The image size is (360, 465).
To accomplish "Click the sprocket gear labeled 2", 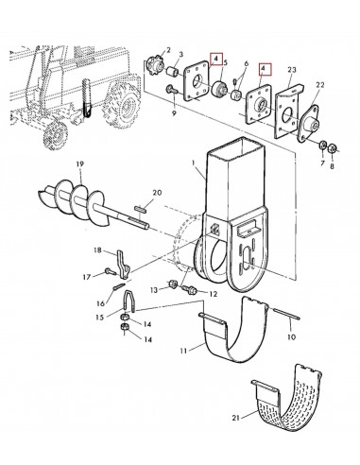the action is point(155,65).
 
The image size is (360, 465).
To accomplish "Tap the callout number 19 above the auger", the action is point(80,164).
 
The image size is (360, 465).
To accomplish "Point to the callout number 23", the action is point(292,70).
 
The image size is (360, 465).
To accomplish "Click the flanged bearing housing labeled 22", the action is point(309,122).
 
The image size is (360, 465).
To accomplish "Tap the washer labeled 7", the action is point(323,146).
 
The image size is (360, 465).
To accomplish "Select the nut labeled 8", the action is point(332,147).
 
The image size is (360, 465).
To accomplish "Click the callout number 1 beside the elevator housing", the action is point(194,164).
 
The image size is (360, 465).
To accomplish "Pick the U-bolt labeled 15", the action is point(129,301).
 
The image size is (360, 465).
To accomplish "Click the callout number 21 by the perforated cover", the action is point(236,418).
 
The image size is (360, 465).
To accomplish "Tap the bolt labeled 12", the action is point(190,289).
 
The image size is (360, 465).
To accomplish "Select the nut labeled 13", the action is point(173,284).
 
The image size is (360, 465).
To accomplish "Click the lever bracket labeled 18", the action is point(123,264).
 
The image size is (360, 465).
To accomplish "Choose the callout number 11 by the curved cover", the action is point(184,351).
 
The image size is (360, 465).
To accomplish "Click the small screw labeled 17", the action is point(110,271).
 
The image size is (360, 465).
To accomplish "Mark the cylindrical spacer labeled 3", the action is point(173,72).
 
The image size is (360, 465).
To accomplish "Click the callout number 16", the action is point(100,303).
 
